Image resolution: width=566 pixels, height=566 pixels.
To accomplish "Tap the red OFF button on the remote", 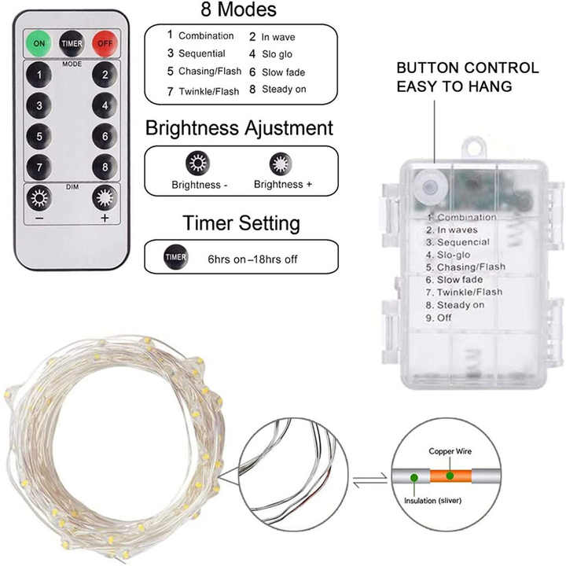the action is pyautogui.click(x=105, y=43).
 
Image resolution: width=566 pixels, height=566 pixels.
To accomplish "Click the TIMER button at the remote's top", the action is pyautogui.click(x=72, y=43).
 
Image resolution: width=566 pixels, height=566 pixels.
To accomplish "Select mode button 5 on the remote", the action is pyautogui.click(x=39, y=137).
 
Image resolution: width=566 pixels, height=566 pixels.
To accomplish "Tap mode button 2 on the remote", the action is pyautogui.click(x=105, y=75).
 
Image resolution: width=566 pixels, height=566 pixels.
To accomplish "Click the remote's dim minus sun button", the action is pyautogui.click(x=39, y=198).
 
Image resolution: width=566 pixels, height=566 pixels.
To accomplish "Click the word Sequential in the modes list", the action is pyautogui.click(x=202, y=53).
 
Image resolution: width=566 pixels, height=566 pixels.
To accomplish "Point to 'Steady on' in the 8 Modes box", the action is pyautogui.click(x=284, y=89).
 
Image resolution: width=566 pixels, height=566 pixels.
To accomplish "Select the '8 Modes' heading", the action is pyautogui.click(x=239, y=9).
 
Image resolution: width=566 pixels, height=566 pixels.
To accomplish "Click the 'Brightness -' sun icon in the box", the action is pyautogui.click(x=198, y=164).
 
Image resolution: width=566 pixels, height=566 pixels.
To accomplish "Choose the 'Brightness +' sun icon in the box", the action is pyautogui.click(x=281, y=164).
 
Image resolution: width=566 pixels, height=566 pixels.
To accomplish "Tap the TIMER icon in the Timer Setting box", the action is pyautogui.click(x=175, y=256).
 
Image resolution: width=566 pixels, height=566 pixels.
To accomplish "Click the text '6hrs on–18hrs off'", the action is pyautogui.click(x=252, y=259).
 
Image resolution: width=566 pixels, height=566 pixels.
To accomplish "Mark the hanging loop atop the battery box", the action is pyautogui.click(x=473, y=147).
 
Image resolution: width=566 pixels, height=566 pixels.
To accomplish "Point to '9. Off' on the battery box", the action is pyautogui.click(x=439, y=318).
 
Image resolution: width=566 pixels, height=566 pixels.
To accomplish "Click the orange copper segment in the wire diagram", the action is pyautogui.click(x=450, y=476).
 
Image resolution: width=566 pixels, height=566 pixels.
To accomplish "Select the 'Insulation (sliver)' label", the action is pyautogui.click(x=433, y=501).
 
